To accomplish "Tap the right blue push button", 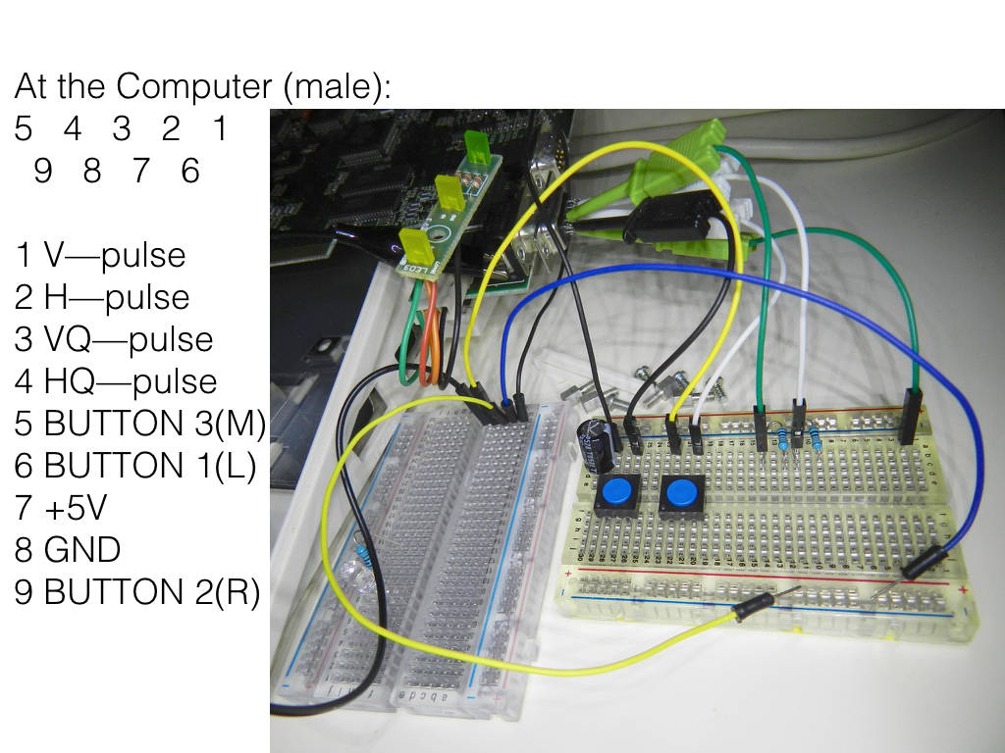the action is tap(682, 494).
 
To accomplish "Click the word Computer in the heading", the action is tap(194, 86).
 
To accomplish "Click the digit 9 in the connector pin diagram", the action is tap(43, 171).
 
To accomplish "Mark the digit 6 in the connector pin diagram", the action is tap(190, 171).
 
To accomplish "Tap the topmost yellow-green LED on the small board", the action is tap(475, 147).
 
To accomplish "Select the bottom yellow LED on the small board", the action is tap(411, 245).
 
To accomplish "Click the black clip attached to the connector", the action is tap(669, 218).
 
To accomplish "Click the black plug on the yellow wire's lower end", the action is tap(755, 607).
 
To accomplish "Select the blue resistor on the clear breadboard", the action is tap(361, 551).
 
